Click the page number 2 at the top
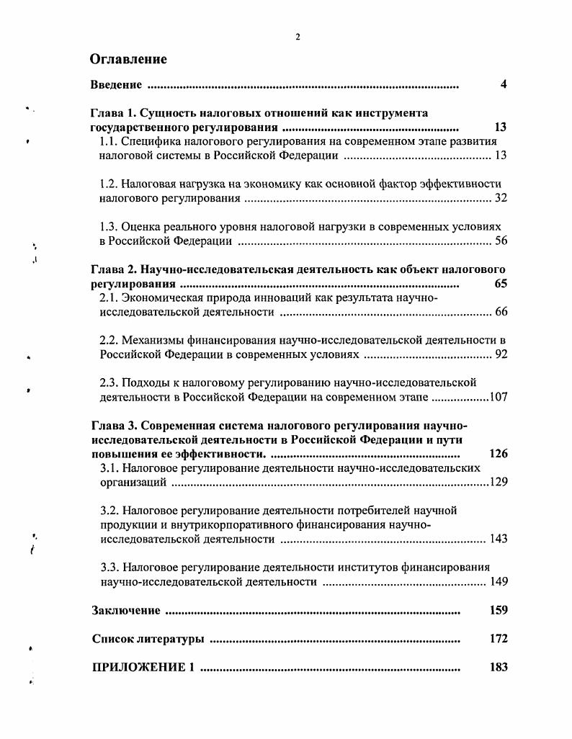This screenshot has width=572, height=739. coord(298,37)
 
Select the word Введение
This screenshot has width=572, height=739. coord(116,85)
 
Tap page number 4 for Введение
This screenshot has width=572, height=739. coord(504,85)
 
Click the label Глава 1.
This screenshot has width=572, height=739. coord(112,113)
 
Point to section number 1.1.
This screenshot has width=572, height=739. coord(108,141)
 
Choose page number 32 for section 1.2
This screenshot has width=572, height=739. coord(501,198)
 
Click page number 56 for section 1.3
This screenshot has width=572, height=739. coord(501,241)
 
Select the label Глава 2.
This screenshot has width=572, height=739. coord(112,269)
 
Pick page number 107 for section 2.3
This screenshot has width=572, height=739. coord(499,397)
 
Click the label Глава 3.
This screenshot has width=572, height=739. coord(112,425)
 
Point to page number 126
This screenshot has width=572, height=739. coord(498,454)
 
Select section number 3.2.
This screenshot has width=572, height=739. coord(110,510)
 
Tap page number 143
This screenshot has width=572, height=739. coord(499,539)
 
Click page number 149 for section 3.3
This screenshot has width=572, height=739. coord(499,581)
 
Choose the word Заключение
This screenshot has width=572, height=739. coord(126,610)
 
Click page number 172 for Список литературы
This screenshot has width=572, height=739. coord(499,638)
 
